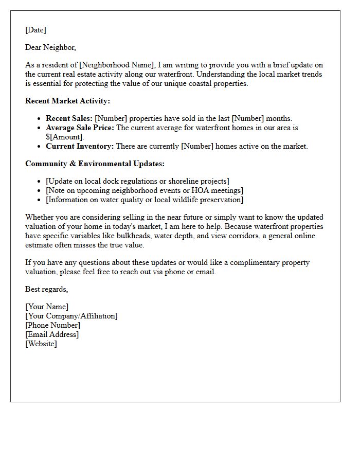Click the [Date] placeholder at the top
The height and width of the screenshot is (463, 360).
35,30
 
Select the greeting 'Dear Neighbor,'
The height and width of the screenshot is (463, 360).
50,47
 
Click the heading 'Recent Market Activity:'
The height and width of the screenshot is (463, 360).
67,101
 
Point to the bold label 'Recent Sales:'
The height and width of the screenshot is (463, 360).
69,118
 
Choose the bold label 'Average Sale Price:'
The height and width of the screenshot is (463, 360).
80,128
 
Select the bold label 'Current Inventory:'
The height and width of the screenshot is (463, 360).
80,146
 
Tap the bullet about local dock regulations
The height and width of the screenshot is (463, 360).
137,181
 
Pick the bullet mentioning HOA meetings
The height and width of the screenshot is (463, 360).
145,190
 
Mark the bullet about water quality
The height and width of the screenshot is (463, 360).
145,200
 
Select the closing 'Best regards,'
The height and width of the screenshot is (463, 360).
46,289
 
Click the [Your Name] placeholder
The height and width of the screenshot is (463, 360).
47,307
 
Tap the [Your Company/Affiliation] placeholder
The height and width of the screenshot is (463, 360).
71,316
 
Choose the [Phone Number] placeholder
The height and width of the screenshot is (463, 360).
52,325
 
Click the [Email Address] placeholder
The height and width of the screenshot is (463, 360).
52,334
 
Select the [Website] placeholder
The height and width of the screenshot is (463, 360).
41,344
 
